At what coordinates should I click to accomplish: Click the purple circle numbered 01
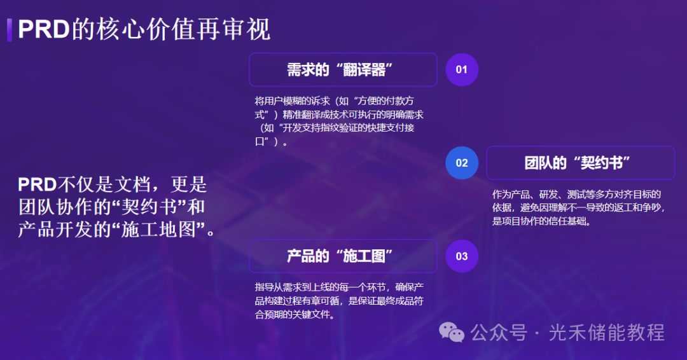462,69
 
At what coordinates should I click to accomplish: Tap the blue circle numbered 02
462,163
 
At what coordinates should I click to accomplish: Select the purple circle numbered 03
462,256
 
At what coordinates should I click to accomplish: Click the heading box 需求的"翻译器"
343,69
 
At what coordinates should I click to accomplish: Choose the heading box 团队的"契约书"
581,163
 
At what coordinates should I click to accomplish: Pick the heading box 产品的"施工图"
343,256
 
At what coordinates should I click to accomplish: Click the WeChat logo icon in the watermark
451,333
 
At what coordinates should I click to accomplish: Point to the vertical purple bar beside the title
9,30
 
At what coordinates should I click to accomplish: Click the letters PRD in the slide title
44,30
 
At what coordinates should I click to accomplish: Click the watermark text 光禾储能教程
606,333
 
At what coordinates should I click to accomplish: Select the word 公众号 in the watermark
499,333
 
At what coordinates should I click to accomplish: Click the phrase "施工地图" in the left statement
158,229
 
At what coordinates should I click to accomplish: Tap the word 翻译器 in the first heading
364,69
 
